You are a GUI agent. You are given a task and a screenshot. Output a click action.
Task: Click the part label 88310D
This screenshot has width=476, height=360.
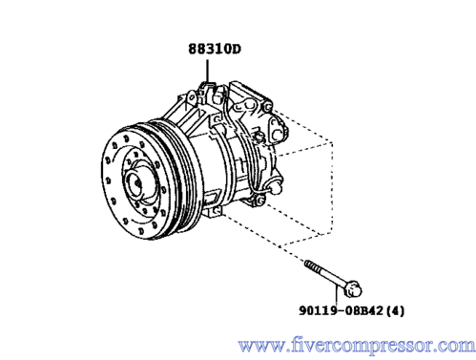215,49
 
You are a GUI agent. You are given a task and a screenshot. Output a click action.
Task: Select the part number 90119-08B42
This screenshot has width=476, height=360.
341,310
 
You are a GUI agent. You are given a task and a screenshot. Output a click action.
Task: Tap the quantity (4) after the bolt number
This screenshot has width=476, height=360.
395,310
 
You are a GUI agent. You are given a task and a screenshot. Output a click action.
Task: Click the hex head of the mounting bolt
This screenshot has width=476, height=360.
353,288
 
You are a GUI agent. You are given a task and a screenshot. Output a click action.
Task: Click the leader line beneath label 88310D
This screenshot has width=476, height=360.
207,71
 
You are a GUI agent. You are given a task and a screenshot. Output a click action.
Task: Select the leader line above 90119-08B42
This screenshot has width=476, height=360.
336,296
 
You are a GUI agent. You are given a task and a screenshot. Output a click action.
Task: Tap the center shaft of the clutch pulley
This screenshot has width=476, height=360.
137,182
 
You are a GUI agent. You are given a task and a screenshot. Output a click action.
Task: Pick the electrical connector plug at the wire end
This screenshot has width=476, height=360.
276,188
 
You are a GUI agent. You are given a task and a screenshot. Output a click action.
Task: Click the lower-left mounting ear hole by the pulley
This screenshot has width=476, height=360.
217,211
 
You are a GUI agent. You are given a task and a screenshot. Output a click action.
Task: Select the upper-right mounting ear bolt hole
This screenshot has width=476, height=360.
268,107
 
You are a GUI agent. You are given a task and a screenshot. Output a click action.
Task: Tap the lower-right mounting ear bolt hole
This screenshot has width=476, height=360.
259,201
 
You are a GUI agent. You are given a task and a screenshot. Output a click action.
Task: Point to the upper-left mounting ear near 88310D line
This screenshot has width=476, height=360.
192,96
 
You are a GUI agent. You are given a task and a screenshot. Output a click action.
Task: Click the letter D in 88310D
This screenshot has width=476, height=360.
236,50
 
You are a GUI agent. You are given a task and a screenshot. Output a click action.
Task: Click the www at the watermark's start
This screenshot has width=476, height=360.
258,347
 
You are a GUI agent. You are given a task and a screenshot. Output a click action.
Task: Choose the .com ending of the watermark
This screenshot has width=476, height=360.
458,346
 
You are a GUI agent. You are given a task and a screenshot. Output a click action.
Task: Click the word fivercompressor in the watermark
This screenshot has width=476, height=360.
361,346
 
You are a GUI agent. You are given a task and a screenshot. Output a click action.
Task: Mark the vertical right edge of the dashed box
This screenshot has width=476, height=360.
332,188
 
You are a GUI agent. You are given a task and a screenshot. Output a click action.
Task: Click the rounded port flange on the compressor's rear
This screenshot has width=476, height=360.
278,131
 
